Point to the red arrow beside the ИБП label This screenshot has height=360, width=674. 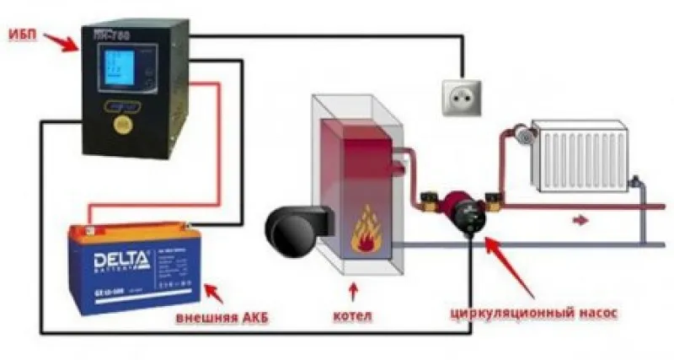click(61, 39)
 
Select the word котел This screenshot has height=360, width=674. click(351, 317)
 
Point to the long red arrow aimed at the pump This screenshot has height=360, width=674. click(514, 266)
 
